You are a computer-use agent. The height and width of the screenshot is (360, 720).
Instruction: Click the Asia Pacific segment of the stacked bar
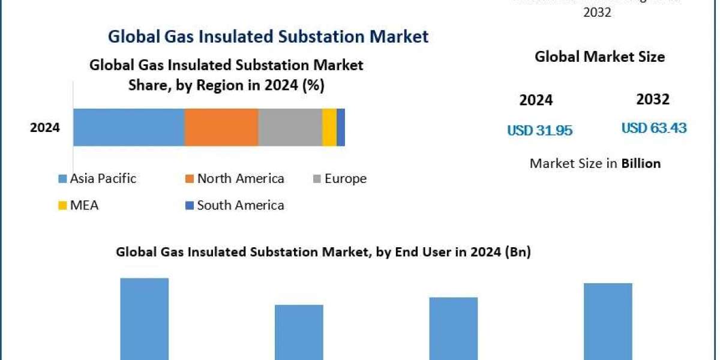click(x=128, y=127)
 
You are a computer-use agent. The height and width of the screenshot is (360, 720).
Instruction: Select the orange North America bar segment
click(x=221, y=127)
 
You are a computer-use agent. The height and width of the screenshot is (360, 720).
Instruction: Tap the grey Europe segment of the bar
click(x=290, y=127)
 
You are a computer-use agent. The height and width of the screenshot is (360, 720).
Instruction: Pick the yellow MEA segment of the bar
click(x=329, y=127)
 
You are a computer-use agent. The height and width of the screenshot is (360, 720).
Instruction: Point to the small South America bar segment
click(x=341, y=127)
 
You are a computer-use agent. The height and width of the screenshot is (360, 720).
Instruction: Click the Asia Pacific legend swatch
click(x=62, y=179)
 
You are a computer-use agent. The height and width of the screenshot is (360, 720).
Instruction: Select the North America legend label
click(x=241, y=178)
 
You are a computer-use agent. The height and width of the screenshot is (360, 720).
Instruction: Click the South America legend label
click(x=241, y=205)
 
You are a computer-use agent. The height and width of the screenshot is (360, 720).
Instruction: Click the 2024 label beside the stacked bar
click(x=45, y=127)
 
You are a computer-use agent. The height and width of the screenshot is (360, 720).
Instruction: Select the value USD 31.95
click(x=539, y=130)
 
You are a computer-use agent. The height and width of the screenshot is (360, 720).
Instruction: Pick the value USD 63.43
click(x=654, y=128)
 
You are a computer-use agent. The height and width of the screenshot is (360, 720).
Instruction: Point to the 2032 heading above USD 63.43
click(x=653, y=99)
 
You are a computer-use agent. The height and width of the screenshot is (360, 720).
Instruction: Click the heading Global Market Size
click(x=599, y=57)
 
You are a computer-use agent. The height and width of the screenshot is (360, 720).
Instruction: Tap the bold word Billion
click(x=641, y=163)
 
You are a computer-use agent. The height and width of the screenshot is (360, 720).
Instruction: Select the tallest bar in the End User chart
click(x=145, y=318)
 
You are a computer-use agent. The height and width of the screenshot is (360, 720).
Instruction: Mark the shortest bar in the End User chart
click(x=299, y=331)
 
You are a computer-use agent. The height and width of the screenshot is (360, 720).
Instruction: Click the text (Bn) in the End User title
click(x=517, y=253)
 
